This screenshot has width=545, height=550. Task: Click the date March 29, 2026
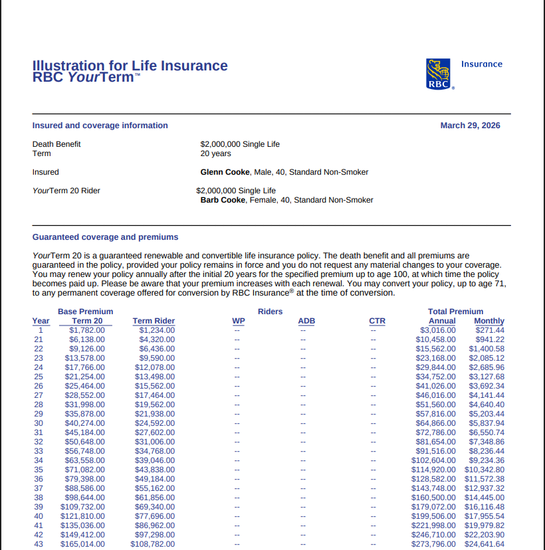[470, 126]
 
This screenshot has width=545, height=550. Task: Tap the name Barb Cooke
[223, 200]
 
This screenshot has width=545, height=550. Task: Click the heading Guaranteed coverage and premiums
[105, 237]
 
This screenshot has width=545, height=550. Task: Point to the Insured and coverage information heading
[100, 126]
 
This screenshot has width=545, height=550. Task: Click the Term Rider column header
[154, 321]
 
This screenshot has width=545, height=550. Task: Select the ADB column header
[306, 321]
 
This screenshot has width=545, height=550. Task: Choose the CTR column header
[377, 321]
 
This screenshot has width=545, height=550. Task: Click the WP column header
[238, 321]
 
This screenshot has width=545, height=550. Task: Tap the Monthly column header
[489, 321]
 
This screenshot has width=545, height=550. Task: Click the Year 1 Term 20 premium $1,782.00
[86, 330]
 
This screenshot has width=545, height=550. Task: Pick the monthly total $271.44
[490, 330]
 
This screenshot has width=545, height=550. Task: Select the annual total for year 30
[436, 423]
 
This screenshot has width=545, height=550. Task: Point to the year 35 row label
[39, 470]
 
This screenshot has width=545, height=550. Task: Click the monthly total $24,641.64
[485, 544]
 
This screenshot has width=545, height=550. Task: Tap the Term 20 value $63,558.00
[84, 460]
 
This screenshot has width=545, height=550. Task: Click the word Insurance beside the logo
[482, 64]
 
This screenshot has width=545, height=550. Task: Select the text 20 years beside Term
[215, 153]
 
